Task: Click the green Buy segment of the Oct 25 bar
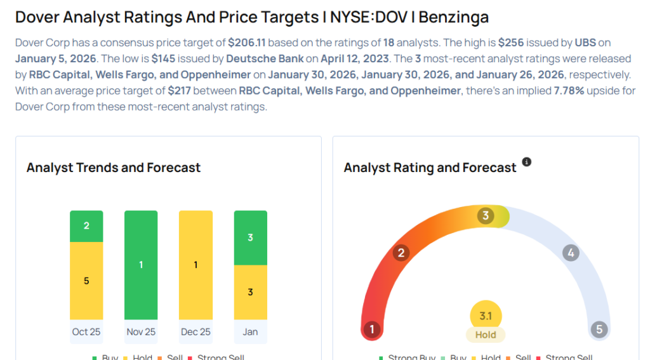(86, 226)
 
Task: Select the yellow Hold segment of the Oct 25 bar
(86, 281)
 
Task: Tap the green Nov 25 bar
(141, 265)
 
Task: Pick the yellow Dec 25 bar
(196, 265)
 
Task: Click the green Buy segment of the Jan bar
(251, 237)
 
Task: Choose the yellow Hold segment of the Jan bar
(251, 292)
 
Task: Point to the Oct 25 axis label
(86, 331)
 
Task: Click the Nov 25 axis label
(141, 331)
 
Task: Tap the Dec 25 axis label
(196, 331)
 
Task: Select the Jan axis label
(251, 331)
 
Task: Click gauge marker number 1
(372, 330)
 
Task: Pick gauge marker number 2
(401, 253)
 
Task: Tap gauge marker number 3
(486, 216)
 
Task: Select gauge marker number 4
(571, 253)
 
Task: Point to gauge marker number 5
(599, 330)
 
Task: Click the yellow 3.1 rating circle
(486, 316)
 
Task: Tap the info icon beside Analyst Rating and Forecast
(526, 163)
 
